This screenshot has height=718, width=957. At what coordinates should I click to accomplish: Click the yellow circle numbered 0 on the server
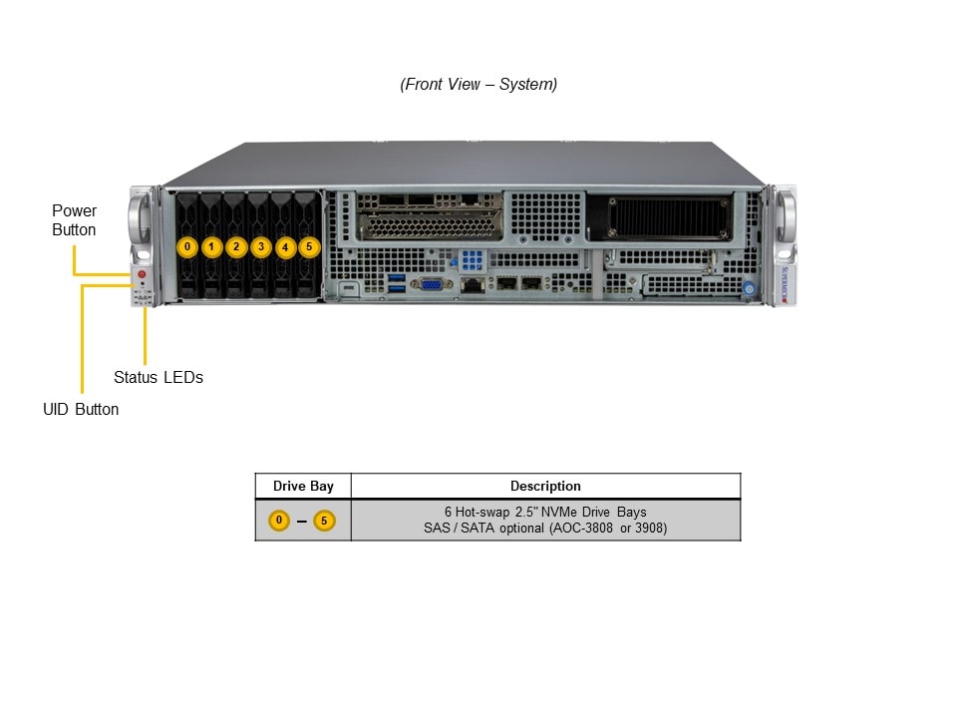(x=187, y=247)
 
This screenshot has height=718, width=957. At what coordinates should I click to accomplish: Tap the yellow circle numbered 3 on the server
(x=261, y=247)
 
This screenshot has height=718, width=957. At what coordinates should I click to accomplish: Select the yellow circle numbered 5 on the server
(x=309, y=247)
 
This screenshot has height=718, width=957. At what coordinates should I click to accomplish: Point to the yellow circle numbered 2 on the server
(x=236, y=247)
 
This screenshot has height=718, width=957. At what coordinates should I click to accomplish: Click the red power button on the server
(x=143, y=274)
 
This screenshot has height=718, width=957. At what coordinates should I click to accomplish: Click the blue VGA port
(x=431, y=284)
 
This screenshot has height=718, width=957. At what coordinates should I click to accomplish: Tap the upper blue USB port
(x=397, y=278)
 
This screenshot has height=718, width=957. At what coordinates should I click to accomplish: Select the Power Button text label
(x=74, y=220)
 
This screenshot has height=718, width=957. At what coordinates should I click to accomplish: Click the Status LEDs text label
(x=159, y=377)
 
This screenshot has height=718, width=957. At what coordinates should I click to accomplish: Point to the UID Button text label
(x=81, y=409)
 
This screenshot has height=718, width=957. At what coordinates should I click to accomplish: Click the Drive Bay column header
(x=303, y=486)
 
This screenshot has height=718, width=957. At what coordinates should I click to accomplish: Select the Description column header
(x=545, y=486)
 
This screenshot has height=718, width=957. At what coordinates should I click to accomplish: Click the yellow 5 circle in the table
(x=324, y=521)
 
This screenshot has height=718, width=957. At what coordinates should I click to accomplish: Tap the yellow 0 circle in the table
(x=279, y=521)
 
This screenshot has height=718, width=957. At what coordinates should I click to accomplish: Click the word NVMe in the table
(x=558, y=512)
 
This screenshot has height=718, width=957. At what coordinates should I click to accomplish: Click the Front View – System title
(x=478, y=84)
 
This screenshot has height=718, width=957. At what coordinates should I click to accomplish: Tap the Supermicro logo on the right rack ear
(x=785, y=284)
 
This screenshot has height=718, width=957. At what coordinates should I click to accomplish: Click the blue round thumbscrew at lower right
(x=749, y=289)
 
